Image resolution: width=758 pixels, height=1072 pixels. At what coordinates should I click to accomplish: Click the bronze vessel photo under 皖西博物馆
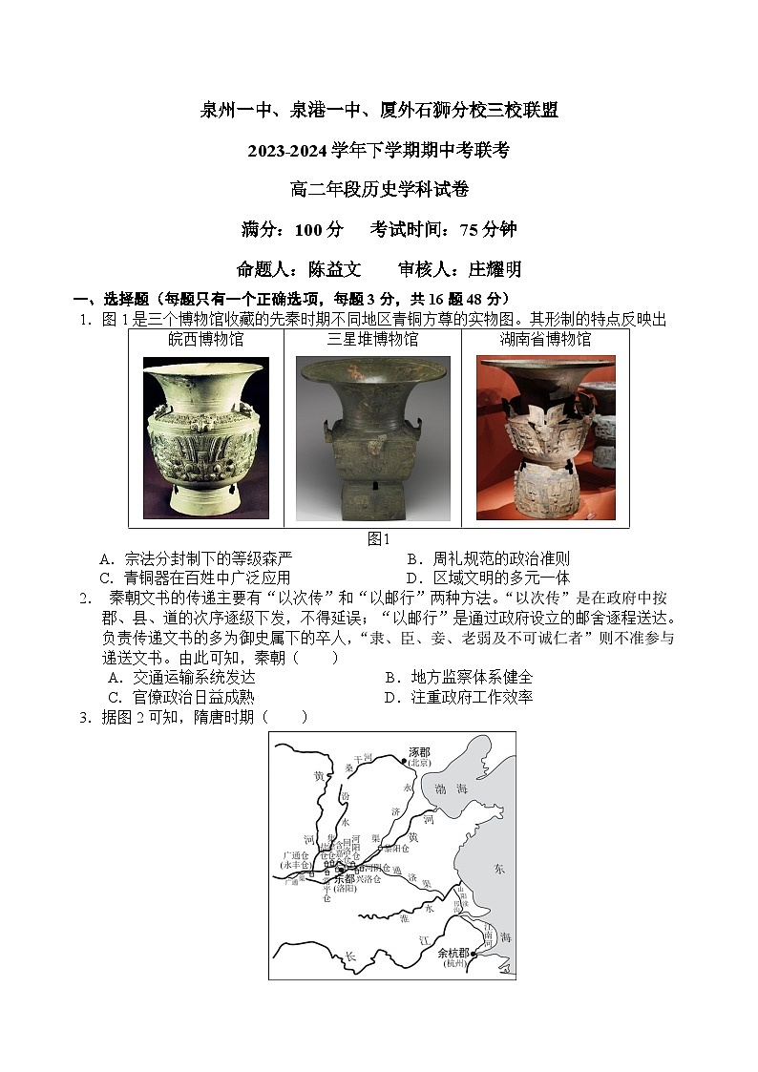[x=206, y=438]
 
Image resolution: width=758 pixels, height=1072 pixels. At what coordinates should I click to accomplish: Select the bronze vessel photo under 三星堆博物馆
[x=372, y=439]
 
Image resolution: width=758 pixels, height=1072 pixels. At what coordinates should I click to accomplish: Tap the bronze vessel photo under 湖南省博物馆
[x=545, y=438]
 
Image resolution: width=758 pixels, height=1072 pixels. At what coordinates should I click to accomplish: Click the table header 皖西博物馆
[x=206, y=339]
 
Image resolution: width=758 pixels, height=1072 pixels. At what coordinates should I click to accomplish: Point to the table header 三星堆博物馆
[x=372, y=339]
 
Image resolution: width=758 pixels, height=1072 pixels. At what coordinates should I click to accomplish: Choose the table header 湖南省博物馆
[x=545, y=339]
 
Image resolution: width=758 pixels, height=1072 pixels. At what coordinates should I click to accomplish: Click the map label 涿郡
[x=420, y=752]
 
